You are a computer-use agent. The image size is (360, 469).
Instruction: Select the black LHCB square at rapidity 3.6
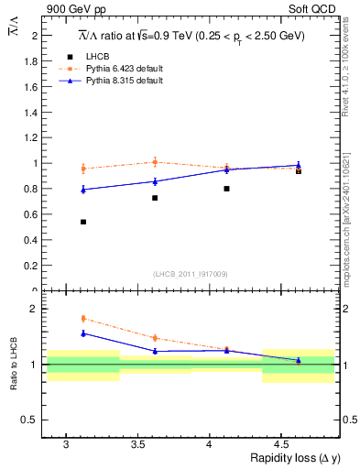(155, 198)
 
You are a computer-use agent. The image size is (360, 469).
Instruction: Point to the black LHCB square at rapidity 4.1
(226, 189)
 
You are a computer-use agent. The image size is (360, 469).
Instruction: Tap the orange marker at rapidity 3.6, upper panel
(155, 162)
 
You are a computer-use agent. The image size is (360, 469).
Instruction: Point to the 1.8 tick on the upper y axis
(29, 60)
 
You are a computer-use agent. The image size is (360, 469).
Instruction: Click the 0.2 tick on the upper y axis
(29, 266)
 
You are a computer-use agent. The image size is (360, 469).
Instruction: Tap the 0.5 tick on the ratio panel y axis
(29, 420)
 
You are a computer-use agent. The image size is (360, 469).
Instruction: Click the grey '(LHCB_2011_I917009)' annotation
(191, 274)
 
